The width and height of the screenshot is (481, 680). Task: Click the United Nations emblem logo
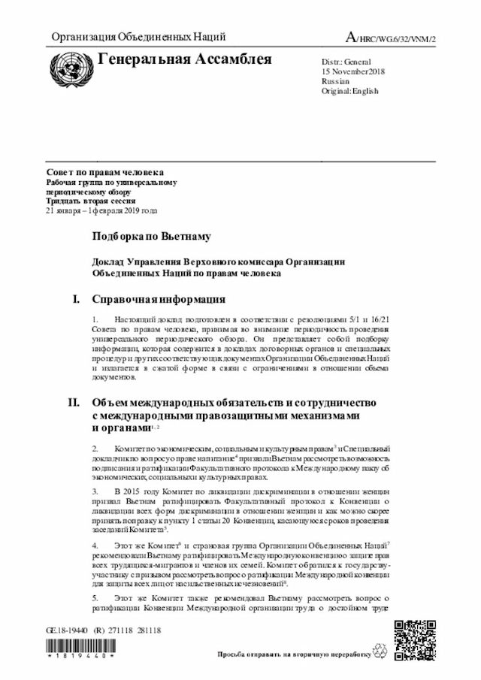(x=69, y=65)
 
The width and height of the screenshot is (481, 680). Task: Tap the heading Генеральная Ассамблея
(x=185, y=59)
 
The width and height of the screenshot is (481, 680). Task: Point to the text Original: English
(x=349, y=91)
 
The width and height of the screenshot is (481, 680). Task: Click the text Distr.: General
(x=341, y=60)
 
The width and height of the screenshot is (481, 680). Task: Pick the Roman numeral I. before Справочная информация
(x=76, y=300)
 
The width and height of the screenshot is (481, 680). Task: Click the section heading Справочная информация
(x=159, y=300)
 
